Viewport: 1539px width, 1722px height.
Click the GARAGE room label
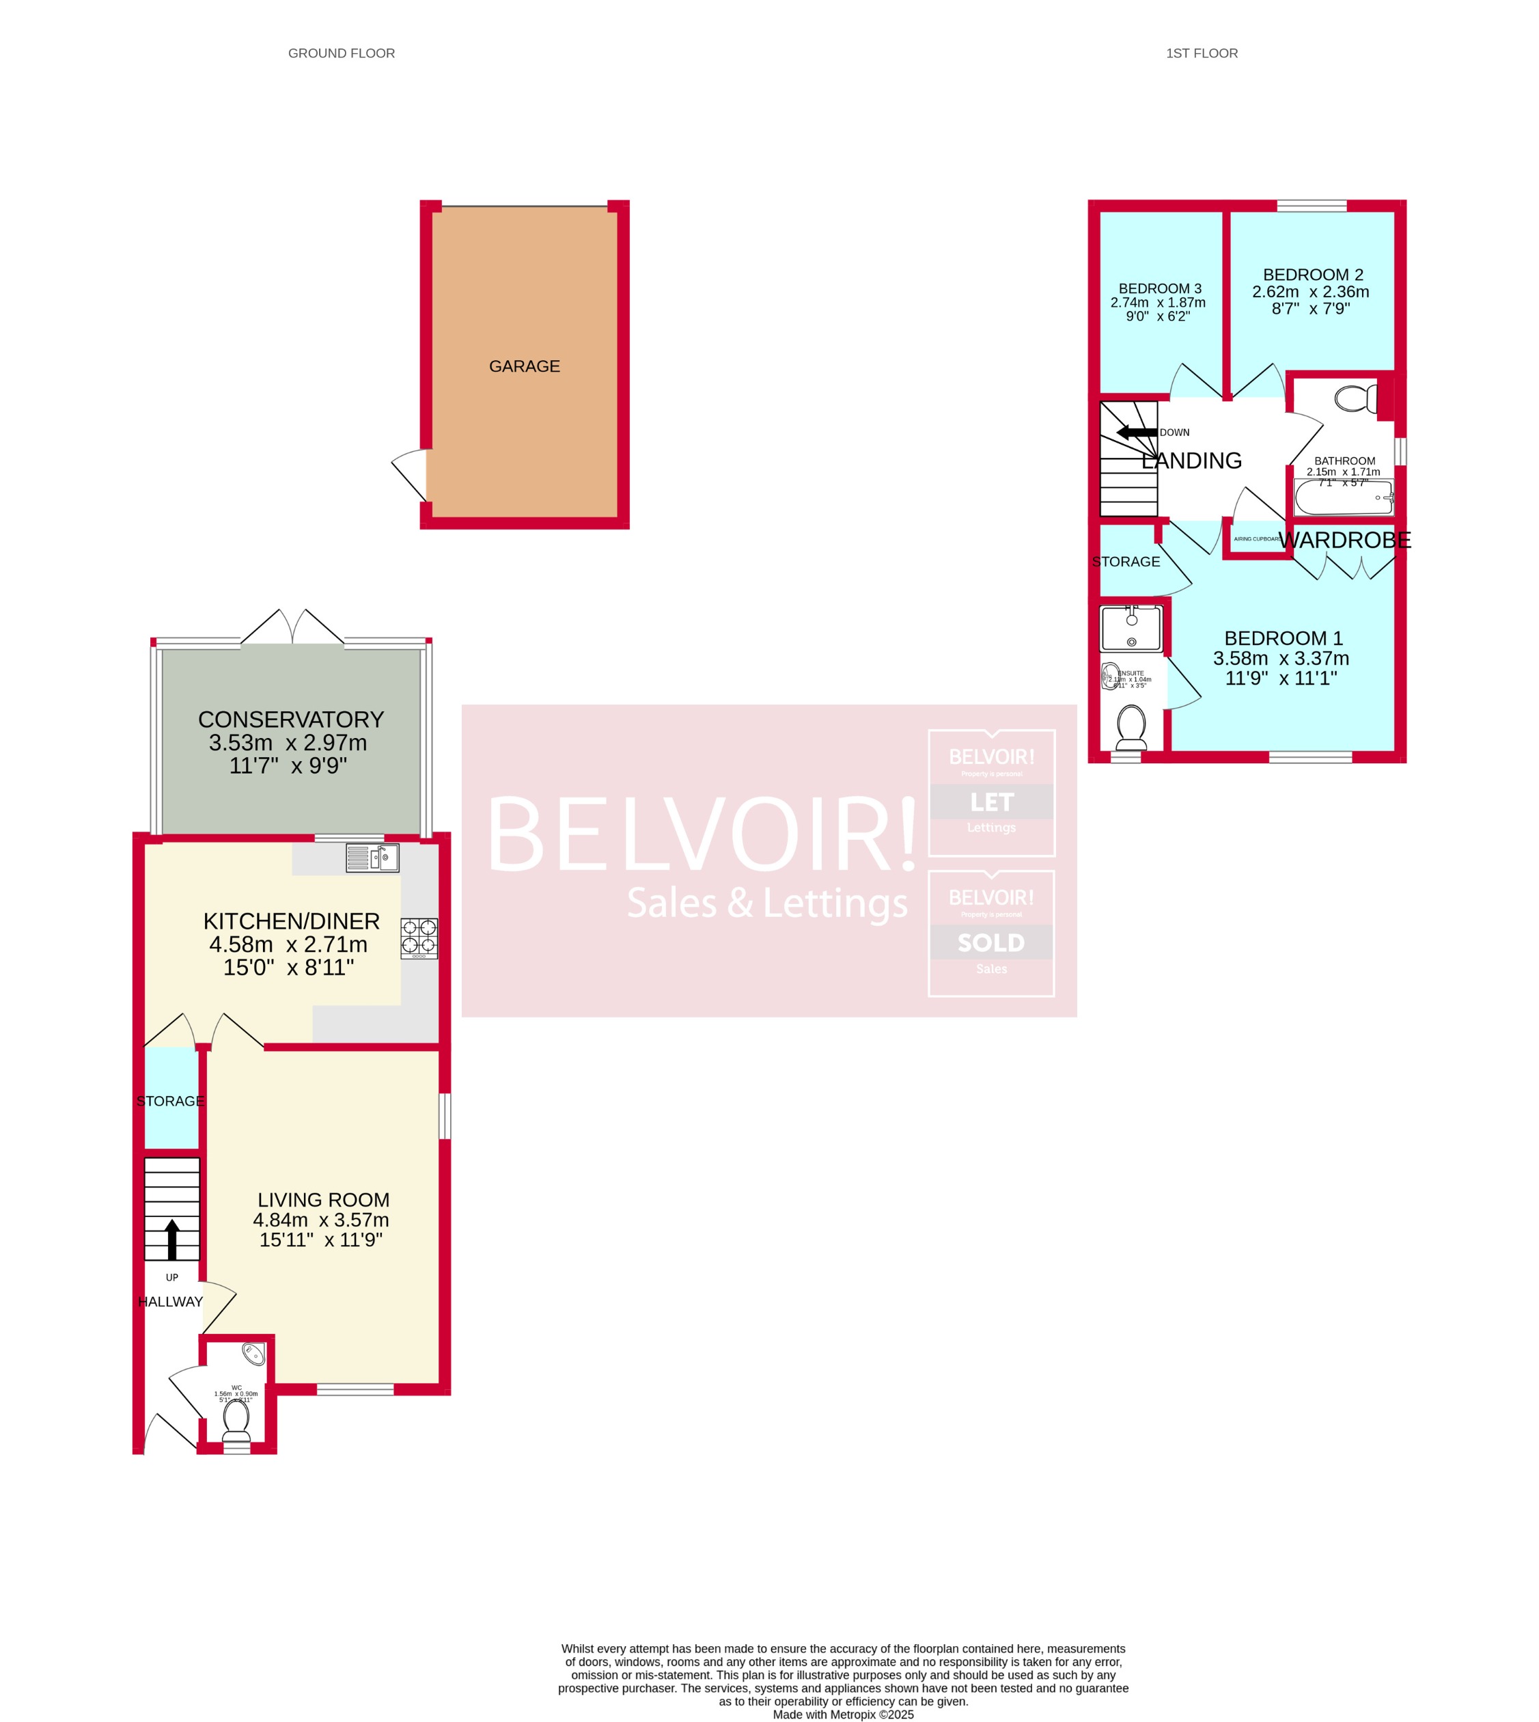tap(525, 366)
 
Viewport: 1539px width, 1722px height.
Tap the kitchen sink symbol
tap(372, 858)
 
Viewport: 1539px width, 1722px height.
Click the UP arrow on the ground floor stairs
tap(171, 1239)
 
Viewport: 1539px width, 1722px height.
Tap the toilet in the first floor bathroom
tap(1355, 398)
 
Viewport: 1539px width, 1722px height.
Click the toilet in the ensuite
tap(1131, 726)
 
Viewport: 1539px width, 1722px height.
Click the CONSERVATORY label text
tap(291, 719)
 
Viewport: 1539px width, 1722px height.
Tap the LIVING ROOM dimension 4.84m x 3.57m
tap(321, 1220)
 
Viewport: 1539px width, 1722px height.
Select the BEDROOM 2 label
tap(1312, 275)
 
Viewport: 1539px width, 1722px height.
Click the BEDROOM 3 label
tap(1159, 288)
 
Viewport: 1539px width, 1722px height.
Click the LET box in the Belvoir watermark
tap(991, 801)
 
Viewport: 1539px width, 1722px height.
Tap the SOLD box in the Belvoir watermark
tap(991, 942)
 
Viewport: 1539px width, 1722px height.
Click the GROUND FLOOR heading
tap(342, 53)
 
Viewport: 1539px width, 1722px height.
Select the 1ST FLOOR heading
tap(1202, 53)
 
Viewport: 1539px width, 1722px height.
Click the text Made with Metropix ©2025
tap(843, 1714)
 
